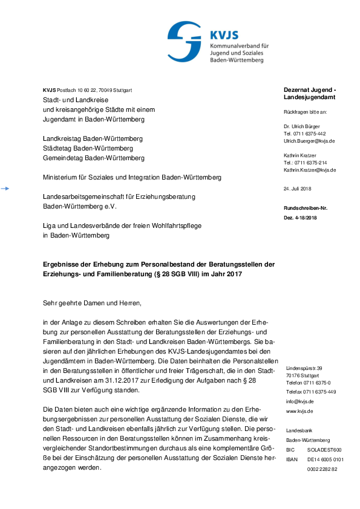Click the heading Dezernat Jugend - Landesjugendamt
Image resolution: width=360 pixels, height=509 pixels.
point(310,93)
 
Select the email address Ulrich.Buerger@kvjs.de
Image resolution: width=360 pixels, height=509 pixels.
point(309,141)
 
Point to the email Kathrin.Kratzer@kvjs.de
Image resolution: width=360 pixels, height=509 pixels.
point(310,170)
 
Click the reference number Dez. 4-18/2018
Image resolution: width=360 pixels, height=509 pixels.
point(300,217)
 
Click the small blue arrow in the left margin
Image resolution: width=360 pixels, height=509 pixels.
point(5,189)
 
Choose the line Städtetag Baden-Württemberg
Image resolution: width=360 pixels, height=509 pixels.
point(88,148)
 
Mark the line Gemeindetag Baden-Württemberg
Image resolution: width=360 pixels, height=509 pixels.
point(94,158)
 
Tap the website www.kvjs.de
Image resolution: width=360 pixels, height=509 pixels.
point(299,411)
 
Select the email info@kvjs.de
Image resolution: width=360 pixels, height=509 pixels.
point(299,401)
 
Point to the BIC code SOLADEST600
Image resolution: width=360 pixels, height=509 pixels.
point(324,450)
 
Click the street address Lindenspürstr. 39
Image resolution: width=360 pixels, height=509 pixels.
point(304,368)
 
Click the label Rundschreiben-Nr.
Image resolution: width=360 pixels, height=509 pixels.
point(306,208)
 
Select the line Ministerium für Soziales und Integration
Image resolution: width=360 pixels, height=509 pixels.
point(132,178)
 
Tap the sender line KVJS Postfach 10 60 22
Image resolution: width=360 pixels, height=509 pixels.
point(88,90)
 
